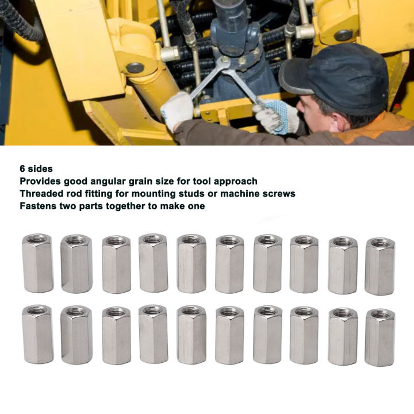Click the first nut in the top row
click(37, 263)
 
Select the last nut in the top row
click(379, 266)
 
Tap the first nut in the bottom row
click(37, 334)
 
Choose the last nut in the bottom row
click(379, 337)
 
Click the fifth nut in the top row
click(191, 263)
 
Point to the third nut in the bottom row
click(116, 335)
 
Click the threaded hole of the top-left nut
click(38, 238)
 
